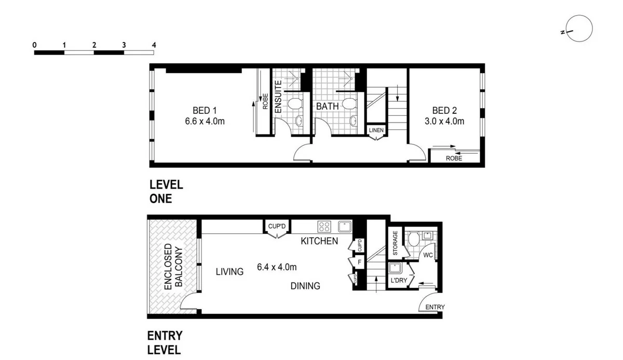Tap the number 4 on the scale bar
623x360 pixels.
click(154, 45)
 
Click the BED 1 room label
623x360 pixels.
click(201, 110)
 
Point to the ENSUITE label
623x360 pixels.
click(278, 97)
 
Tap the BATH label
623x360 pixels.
click(328, 106)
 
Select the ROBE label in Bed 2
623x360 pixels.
click(454, 158)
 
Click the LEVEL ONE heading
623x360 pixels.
click(166, 191)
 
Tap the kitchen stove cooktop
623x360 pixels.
click(324, 226)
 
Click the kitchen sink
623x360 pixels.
click(344, 226)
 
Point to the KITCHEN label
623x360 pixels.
click(319, 241)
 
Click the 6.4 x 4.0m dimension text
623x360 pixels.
click(277, 268)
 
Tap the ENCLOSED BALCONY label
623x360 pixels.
click(173, 266)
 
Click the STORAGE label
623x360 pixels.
click(395, 244)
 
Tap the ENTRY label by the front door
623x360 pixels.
click(435, 307)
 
